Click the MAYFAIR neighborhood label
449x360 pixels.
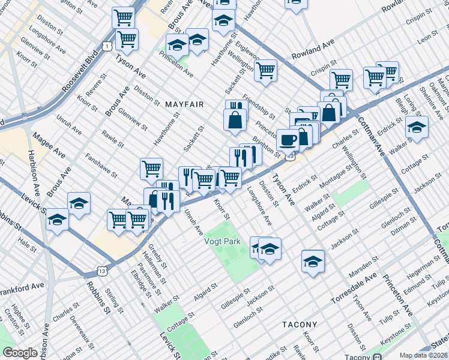(184, 104)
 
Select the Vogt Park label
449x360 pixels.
(223, 241)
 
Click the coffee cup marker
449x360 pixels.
(288, 140)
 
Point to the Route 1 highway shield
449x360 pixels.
(106, 46)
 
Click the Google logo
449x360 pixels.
(20, 353)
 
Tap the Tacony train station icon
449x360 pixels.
(376, 356)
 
